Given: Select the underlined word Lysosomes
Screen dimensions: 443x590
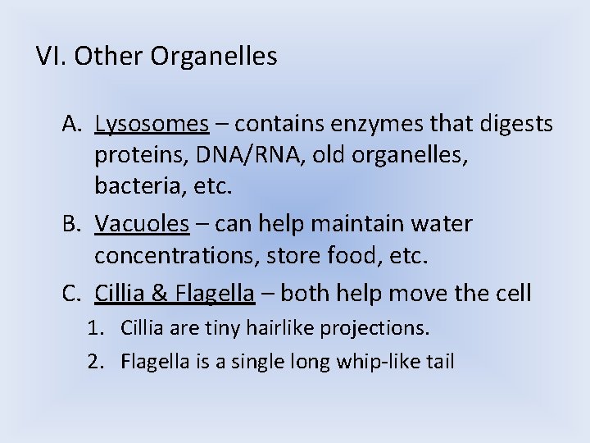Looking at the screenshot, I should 152,124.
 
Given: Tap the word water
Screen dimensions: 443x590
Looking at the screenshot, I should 442,223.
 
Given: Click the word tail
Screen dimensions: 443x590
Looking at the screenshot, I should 438,361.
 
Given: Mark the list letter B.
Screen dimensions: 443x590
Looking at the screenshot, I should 70,223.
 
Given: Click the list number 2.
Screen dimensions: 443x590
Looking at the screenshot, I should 94,361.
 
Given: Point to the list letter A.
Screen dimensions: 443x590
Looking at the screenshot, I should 70,124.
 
